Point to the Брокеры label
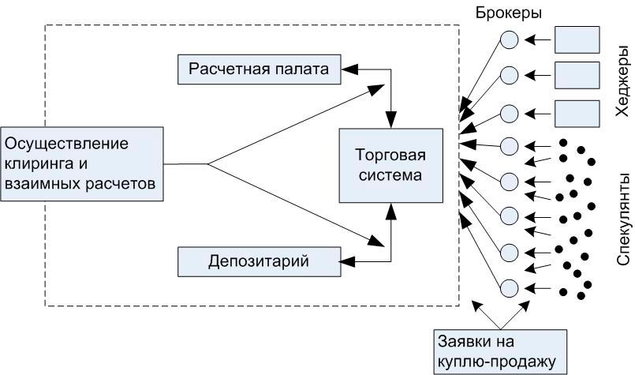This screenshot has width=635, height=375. (x=508, y=13)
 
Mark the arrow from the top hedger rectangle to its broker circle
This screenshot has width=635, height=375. (x=541, y=39)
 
